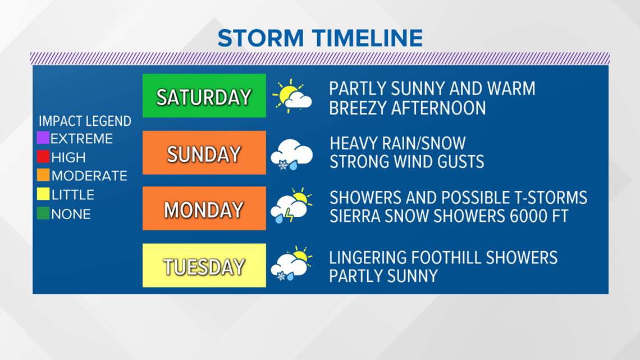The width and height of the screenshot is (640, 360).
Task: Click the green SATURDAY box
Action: pos(204,95)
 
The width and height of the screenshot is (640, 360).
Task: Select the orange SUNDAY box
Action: pos(204,153)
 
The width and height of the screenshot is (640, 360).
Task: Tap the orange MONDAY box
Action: pos(204,208)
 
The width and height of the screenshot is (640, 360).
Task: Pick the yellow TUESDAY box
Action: pos(204,265)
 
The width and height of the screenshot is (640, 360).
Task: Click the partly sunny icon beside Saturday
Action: pos(292,97)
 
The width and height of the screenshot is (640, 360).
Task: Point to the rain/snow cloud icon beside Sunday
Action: pos(291,154)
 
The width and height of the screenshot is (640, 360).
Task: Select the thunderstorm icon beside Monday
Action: pos(291,206)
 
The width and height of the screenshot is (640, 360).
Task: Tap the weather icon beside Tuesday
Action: pos(291,263)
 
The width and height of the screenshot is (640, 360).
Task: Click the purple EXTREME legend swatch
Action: pos(43,138)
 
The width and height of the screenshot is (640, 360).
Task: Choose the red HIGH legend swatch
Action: pos(43,157)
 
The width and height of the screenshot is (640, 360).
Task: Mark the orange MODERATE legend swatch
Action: pos(43,175)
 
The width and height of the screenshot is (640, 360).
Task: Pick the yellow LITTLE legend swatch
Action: pos(43,194)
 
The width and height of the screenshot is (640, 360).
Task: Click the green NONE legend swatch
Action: pos(43,213)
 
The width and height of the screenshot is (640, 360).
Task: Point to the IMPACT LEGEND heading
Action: pos(85,121)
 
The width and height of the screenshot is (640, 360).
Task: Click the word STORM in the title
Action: pos(261,38)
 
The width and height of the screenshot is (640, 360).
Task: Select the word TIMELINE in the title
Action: pos(368,38)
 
